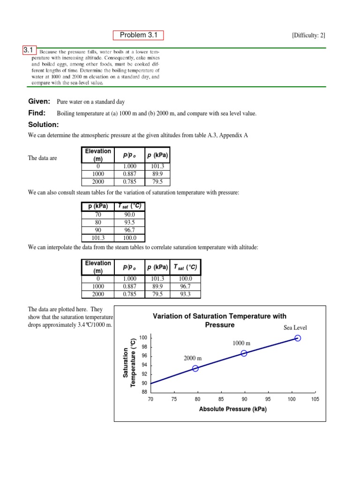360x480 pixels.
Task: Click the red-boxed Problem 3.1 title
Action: pyautogui.click(x=138, y=35)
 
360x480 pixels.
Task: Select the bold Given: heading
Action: pyautogui.click(x=40, y=101)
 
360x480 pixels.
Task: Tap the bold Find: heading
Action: pyautogui.click(x=37, y=113)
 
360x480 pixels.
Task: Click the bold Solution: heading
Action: pyautogui.click(x=44, y=125)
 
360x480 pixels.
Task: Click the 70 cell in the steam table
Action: pyautogui.click(x=98, y=215)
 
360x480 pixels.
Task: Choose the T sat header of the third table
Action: pyautogui.click(x=185, y=267)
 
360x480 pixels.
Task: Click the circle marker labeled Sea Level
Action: pyautogui.click(x=297, y=338)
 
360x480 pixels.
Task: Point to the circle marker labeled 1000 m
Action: pyautogui.click(x=244, y=353)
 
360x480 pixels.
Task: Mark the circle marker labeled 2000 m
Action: pyautogui.click(x=195, y=368)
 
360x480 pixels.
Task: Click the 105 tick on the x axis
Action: pyautogui.click(x=315, y=399)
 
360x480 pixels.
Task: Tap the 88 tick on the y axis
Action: pyautogui.click(x=144, y=392)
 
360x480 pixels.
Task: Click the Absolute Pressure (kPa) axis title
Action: pyautogui.click(x=232, y=409)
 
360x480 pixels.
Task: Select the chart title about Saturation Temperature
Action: pyautogui.click(x=219, y=321)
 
